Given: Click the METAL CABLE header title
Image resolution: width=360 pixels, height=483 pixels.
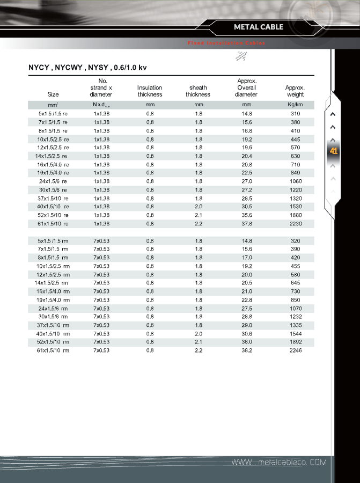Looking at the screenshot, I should point(259,27).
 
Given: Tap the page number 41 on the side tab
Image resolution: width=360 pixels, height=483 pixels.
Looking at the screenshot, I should point(334,151).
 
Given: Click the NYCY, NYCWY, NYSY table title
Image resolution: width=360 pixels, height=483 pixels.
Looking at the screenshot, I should point(87,68).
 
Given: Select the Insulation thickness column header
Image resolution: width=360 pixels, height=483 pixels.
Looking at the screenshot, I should point(150,91).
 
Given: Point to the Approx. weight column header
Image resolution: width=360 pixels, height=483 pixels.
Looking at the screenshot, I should point(295,91).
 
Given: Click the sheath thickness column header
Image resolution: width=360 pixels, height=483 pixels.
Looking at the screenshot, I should point(198,91).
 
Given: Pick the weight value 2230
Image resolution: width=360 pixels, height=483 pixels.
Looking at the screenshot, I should point(295,224).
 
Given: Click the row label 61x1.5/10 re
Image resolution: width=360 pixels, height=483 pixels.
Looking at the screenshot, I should point(53,224).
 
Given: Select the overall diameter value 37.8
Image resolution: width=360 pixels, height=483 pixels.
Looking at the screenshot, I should point(247,224).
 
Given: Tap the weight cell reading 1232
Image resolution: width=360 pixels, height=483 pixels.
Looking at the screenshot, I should point(295,317).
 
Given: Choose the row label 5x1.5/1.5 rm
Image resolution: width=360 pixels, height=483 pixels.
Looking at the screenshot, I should point(53,241).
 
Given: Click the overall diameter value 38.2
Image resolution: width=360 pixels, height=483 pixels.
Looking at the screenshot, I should point(247,350).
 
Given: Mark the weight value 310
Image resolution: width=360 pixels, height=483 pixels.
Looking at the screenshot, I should point(295,114).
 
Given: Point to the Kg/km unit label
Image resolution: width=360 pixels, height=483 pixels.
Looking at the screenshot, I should point(295,105).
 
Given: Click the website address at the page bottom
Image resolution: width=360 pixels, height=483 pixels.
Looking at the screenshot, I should point(278,463).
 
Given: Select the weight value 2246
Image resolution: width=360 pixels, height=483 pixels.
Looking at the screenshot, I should point(295,350).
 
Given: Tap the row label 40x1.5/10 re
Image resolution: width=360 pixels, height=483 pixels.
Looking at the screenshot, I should point(53,207).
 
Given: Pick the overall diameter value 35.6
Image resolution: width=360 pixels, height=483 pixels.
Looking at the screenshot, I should point(247,215).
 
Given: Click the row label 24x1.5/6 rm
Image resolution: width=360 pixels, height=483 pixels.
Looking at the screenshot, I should point(53,309).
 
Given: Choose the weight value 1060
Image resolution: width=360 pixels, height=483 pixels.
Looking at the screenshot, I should point(295,181).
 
